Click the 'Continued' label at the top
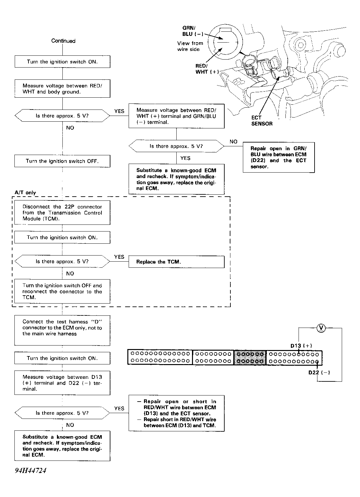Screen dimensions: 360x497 (63, 41)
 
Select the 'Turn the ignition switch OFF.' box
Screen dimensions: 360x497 (62, 161)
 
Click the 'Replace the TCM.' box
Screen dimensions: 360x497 (176, 262)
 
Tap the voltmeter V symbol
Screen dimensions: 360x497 (321, 328)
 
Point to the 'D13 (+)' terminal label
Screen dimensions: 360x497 (301, 346)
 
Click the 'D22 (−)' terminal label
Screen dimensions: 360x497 (319, 372)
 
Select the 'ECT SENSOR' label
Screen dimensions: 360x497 (262, 121)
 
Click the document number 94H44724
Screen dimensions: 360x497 (31, 470)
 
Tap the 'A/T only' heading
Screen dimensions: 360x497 (25, 192)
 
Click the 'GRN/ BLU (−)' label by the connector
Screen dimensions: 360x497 (193, 31)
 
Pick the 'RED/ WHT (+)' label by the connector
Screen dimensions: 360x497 (207, 69)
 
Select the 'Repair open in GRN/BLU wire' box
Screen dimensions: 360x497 (279, 157)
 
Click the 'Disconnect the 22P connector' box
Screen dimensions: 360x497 (62, 213)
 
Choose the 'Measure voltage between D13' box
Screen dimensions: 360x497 (62, 383)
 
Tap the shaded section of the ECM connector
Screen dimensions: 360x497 (250, 357)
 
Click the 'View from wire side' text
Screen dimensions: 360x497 (190, 46)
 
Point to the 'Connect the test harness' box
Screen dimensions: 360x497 (62, 330)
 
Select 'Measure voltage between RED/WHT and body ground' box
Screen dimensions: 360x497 (62, 88)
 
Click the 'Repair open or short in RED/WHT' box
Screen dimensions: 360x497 (176, 413)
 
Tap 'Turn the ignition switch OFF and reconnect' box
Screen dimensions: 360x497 (62, 291)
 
